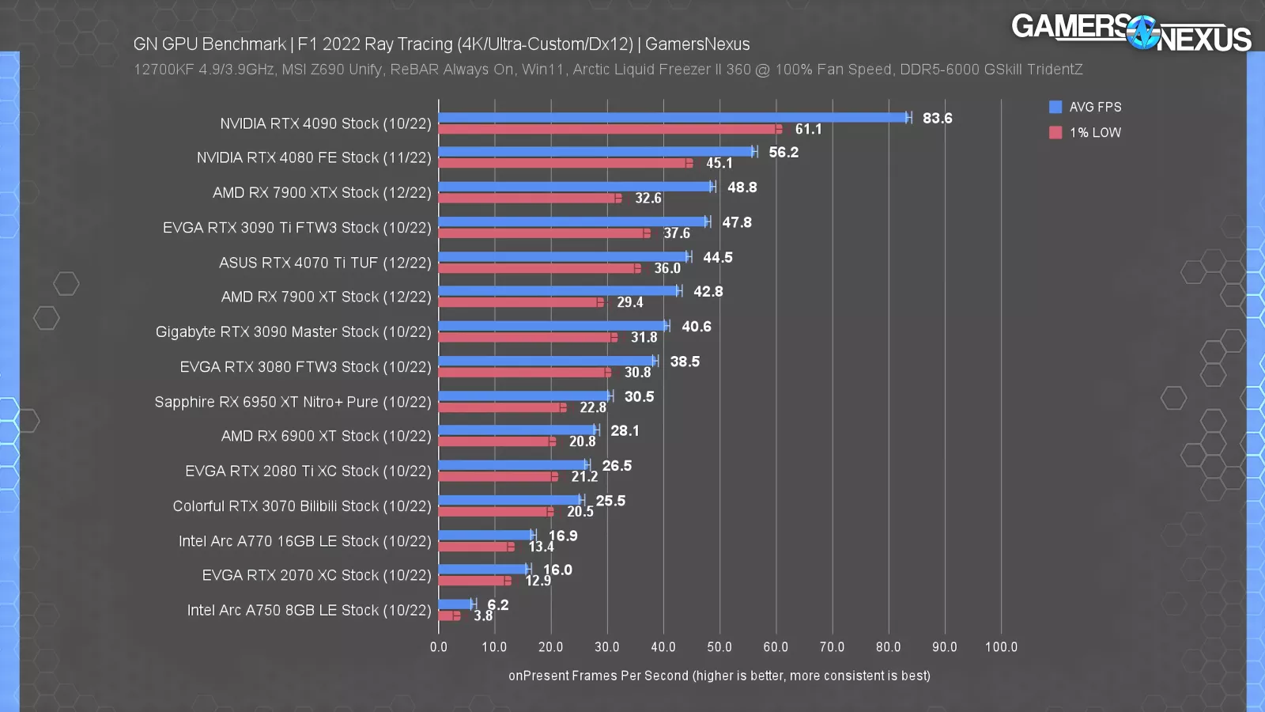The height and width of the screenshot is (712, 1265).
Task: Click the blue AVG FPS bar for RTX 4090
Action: (x=672, y=117)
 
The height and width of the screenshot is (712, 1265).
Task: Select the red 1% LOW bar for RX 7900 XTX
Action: (x=528, y=198)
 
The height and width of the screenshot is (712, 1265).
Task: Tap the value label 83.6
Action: (x=937, y=118)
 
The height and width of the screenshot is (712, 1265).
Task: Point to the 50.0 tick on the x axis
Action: (x=719, y=646)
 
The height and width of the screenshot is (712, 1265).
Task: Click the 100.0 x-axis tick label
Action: (x=1000, y=646)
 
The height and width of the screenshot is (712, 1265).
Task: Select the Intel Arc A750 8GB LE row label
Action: (x=308, y=610)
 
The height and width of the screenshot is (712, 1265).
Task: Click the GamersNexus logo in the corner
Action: (x=1131, y=32)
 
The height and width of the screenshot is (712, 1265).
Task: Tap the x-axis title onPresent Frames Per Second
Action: (x=719, y=676)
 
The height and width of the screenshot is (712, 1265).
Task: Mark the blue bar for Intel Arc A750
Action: (x=455, y=604)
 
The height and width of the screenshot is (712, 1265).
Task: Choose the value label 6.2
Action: (x=498, y=604)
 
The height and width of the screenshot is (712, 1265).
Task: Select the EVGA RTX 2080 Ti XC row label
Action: (x=308, y=471)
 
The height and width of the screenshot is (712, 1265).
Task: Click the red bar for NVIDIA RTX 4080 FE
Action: (x=563, y=163)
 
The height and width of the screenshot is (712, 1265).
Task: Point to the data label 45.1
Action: (x=719, y=163)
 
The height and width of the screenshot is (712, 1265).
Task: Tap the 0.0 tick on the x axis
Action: (x=438, y=646)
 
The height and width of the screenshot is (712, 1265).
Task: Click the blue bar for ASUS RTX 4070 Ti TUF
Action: (x=563, y=256)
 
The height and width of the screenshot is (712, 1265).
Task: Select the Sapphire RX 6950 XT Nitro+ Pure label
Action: (x=293, y=401)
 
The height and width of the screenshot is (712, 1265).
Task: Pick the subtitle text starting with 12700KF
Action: (x=607, y=70)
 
